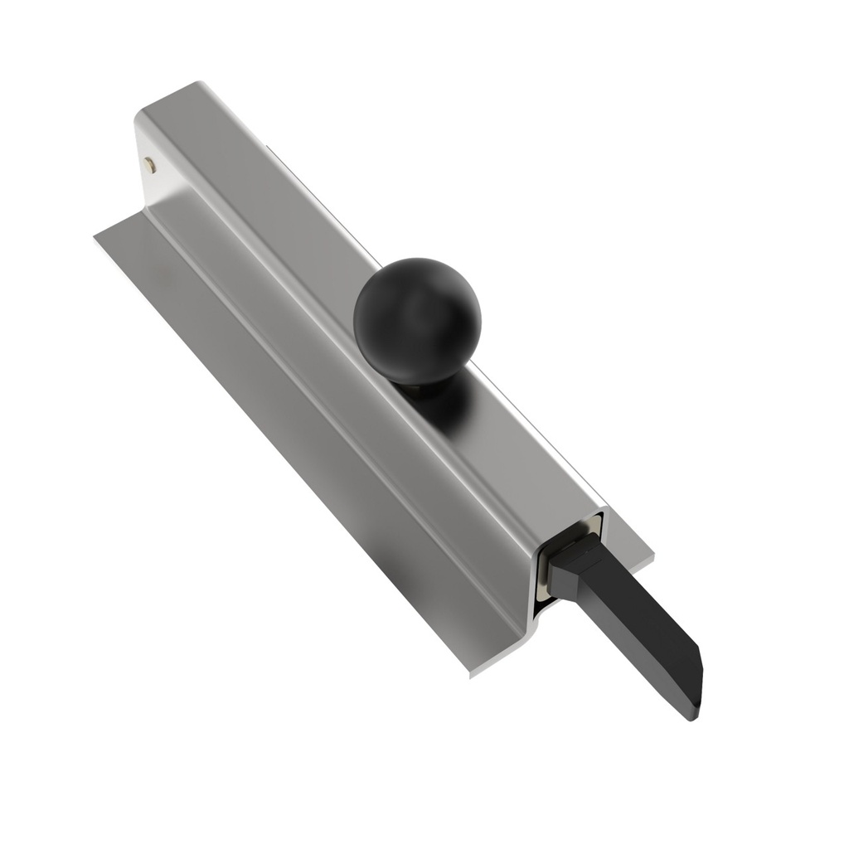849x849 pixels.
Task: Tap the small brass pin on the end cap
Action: pos(149,163)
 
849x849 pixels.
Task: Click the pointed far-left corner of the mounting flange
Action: pos(96,235)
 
